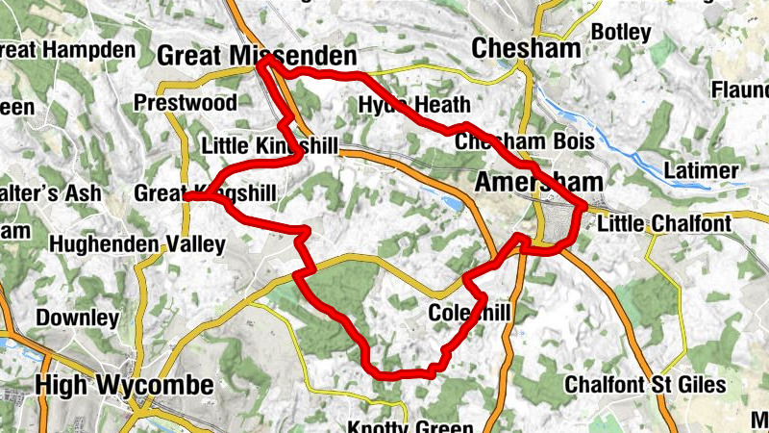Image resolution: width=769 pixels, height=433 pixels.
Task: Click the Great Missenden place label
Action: click(256, 57)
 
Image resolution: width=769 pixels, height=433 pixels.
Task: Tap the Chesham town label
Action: click(526, 48)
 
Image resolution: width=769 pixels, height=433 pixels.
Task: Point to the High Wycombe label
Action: click(124, 386)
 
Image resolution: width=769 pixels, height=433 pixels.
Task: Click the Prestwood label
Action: click(186, 102)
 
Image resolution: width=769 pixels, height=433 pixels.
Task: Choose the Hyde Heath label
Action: click(414, 105)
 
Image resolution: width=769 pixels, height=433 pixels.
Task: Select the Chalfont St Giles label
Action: click(645, 384)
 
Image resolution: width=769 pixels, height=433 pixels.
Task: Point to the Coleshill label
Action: click(469, 313)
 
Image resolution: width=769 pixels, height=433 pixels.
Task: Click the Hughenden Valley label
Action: click(136, 244)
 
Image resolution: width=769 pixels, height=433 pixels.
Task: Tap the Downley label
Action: click(77, 317)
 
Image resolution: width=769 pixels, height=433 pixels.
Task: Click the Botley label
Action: click(622, 31)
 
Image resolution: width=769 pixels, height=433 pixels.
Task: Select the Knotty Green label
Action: click(410, 426)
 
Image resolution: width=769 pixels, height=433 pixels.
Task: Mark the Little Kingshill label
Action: click(270, 146)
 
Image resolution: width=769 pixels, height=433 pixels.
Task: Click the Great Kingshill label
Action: click(205, 193)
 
